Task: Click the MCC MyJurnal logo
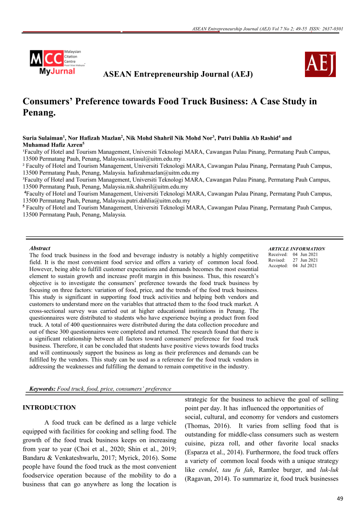click(x=57, y=62)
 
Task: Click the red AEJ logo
click(x=320, y=64)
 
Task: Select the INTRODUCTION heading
click(x=49, y=407)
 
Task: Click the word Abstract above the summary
click(x=40, y=248)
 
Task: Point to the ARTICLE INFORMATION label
click(x=296, y=249)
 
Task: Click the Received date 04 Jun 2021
click(x=305, y=254)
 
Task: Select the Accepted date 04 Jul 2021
click(x=305, y=266)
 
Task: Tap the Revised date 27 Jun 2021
click(x=305, y=260)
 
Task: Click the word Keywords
click(x=42, y=388)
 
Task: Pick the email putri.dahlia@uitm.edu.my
click(x=155, y=200)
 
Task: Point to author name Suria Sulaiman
click(x=42, y=138)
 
